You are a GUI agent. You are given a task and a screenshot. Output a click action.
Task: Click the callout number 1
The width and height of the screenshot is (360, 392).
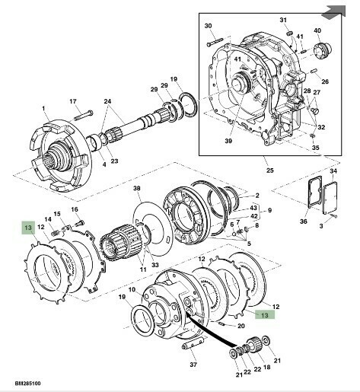[x=43, y=108]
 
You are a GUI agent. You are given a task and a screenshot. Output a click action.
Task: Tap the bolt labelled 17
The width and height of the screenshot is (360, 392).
[x=84, y=116]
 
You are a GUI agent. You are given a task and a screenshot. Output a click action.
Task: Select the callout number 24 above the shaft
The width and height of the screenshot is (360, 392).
[x=107, y=101]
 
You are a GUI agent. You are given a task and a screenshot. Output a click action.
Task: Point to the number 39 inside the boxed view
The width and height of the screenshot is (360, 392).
[x=228, y=141]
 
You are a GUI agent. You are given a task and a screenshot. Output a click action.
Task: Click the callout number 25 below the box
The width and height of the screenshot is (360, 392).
[x=270, y=170]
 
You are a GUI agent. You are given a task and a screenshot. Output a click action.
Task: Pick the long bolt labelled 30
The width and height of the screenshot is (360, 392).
[x=215, y=42]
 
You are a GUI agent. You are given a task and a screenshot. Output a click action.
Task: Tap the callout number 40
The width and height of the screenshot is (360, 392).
[x=317, y=30]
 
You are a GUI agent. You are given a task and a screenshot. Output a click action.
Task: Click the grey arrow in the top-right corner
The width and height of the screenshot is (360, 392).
[x=334, y=11]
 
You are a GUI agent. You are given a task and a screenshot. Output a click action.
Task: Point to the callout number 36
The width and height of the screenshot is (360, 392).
[x=304, y=221]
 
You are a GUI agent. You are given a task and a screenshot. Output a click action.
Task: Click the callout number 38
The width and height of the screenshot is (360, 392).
[x=137, y=188]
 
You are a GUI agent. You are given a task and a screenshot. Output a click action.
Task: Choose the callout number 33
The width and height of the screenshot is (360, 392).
[x=155, y=265]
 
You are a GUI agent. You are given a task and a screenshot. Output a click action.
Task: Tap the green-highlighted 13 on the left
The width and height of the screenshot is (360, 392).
[x=28, y=228]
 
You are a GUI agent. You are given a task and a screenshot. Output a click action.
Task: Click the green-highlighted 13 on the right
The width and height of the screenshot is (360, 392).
[x=265, y=315]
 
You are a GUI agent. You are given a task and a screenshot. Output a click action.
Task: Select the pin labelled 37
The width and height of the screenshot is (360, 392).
[x=193, y=346]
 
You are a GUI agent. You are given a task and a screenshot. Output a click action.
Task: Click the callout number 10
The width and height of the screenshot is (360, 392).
[x=132, y=289]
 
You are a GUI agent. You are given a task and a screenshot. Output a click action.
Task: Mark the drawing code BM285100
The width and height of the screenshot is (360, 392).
[x=27, y=383]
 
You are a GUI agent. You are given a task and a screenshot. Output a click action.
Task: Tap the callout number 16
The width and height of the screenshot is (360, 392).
[x=75, y=209]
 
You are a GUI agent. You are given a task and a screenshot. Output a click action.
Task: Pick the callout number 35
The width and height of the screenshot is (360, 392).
[x=315, y=148]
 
